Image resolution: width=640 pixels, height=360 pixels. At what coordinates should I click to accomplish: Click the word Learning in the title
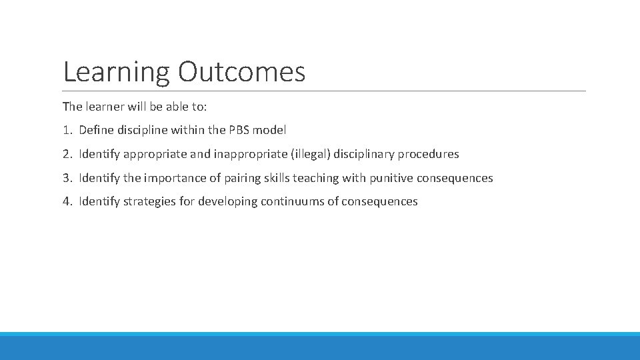coord(117,72)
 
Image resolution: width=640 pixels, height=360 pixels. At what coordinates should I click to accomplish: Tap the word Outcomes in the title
coord(241,71)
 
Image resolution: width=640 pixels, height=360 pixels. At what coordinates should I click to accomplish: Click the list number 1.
coord(67,131)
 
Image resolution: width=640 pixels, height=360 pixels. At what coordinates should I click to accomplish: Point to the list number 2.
coord(67,154)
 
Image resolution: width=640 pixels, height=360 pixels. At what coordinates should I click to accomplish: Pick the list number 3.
coord(67,178)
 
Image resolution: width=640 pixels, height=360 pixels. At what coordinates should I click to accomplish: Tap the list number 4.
coord(67,201)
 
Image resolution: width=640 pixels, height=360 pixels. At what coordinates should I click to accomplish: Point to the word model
coord(273,131)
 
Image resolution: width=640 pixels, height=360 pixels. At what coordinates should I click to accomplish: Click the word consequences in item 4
coord(379,201)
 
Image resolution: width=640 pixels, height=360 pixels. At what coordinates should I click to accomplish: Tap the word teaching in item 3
coord(315,178)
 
